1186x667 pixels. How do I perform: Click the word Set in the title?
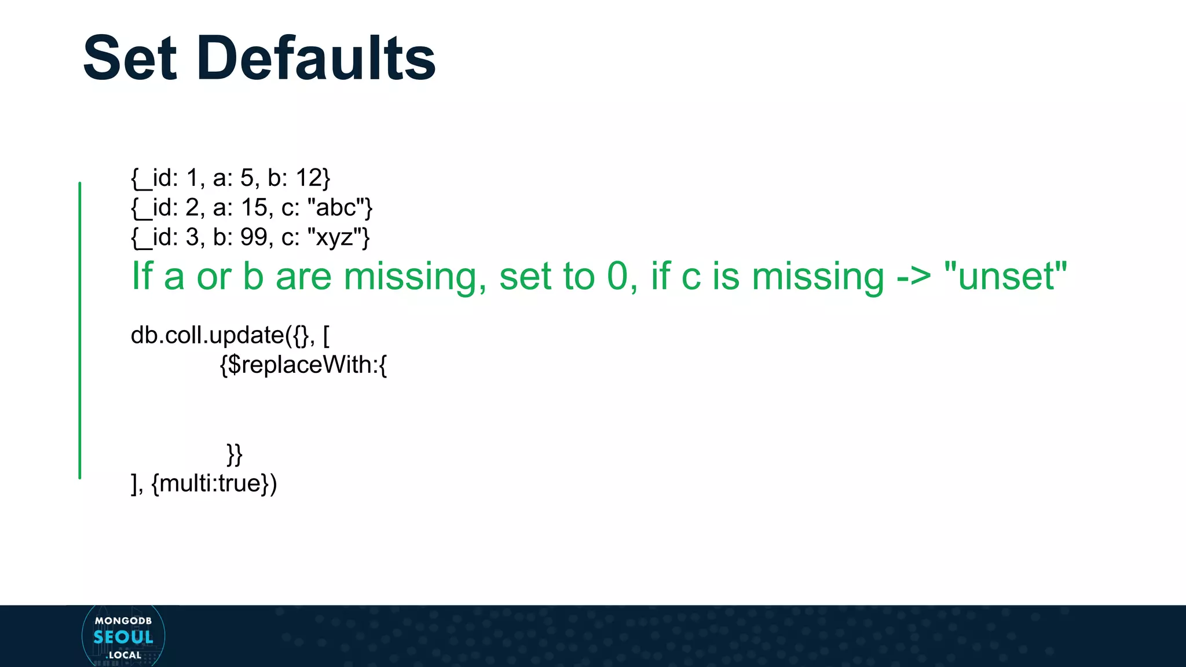pyautogui.click(x=130, y=58)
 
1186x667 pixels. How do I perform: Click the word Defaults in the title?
pyautogui.click(x=316, y=58)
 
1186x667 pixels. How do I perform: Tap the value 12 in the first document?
pyautogui.click(x=309, y=178)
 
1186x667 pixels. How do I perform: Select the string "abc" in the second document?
pyautogui.click(x=336, y=207)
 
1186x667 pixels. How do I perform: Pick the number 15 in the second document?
pyautogui.click(x=254, y=207)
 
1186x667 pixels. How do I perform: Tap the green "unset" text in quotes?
pyautogui.click(x=1005, y=277)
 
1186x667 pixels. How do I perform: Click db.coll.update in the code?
pyautogui.click(x=207, y=335)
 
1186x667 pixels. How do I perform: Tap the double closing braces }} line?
pyautogui.click(x=235, y=455)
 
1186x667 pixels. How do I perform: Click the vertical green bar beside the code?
pyautogui.click(x=80, y=330)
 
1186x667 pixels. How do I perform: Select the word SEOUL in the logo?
pyautogui.click(x=123, y=637)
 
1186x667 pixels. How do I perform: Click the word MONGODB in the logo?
pyautogui.click(x=123, y=621)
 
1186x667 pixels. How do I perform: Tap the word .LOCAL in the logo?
pyautogui.click(x=124, y=655)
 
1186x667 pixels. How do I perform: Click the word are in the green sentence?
pyautogui.click(x=303, y=277)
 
